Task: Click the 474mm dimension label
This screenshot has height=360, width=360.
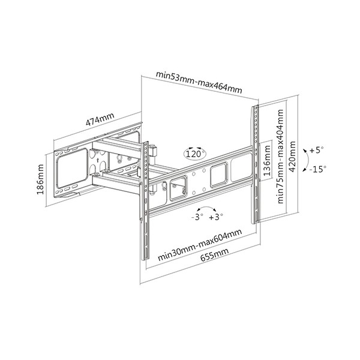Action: pyautogui.click(x=100, y=119)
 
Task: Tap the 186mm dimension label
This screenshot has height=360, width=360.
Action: pyautogui.click(x=40, y=179)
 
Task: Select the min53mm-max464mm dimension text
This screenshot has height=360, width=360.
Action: pyautogui.click(x=199, y=82)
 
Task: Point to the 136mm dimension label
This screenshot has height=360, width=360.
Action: pyautogui.click(x=267, y=160)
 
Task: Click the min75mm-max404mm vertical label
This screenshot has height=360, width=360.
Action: pyautogui.click(x=280, y=157)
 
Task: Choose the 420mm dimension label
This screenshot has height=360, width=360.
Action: pyautogui.click(x=292, y=157)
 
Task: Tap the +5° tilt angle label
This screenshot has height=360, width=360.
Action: pyautogui.click(x=316, y=150)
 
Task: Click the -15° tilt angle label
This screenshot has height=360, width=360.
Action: pyautogui.click(x=317, y=169)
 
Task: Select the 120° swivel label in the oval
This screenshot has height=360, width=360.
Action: pyautogui.click(x=194, y=154)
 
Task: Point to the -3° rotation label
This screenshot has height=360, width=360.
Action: pyautogui.click(x=197, y=217)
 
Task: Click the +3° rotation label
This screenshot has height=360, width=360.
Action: pyautogui.click(x=216, y=217)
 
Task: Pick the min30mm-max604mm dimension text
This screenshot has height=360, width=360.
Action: pyautogui.click(x=200, y=245)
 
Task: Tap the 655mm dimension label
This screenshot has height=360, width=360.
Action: pyautogui.click(x=215, y=254)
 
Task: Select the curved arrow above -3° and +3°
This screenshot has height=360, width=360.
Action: pyautogui.click(x=206, y=207)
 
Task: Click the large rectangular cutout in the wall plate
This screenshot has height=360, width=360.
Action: pyautogui.click(x=71, y=168)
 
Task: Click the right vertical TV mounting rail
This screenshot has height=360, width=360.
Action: pyautogui.click(x=256, y=164)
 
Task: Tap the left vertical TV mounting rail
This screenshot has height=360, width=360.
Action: pyautogui.click(x=145, y=201)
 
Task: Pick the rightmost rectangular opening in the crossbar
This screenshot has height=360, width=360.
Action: pyautogui.click(x=241, y=167)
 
